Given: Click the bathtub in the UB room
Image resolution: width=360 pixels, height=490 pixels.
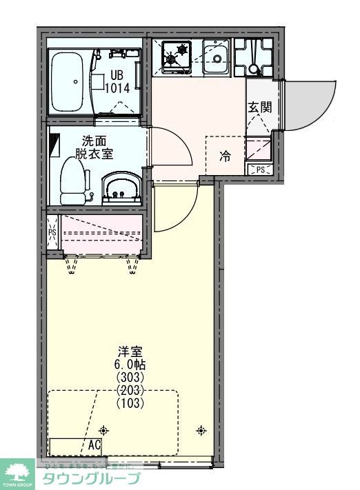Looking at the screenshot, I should tap(68, 81).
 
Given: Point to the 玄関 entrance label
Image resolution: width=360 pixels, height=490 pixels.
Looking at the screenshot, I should tap(259, 107).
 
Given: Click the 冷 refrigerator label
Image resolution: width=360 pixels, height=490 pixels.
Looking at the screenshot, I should tap(225, 156).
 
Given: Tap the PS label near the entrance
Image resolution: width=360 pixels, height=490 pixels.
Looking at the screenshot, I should tap(260, 170).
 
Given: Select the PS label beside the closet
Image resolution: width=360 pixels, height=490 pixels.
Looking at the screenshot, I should tap(52, 233).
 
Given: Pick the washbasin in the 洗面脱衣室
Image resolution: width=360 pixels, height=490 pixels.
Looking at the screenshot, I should tap(122, 188).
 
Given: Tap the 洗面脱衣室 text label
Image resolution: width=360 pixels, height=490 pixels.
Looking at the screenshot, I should tap(94, 147).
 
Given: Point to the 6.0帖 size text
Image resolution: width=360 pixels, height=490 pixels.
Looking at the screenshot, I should tap(130, 365).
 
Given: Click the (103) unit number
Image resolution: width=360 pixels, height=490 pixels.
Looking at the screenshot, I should tap(130, 402).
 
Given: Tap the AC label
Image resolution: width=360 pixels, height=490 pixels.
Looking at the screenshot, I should tap(94, 445).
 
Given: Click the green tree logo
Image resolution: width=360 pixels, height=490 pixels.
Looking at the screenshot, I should tap(17, 473).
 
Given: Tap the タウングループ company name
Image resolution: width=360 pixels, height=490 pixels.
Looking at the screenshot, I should tap(92, 480).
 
